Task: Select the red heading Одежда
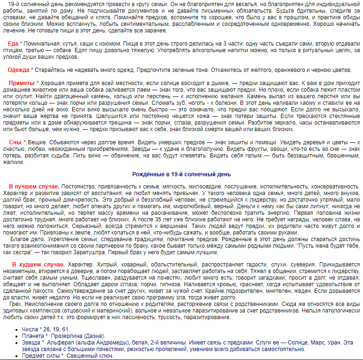pyautogui.click(x=18, y=70)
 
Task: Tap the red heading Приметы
pyautogui.click(x=22, y=83)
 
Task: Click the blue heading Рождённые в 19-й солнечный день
pyautogui.click(x=181, y=174)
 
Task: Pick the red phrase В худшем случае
pyautogui.click(x=38, y=265)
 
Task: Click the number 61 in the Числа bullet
pyautogui.click(x=66, y=329)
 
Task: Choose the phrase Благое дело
pyautogui.click(x=29, y=239)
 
